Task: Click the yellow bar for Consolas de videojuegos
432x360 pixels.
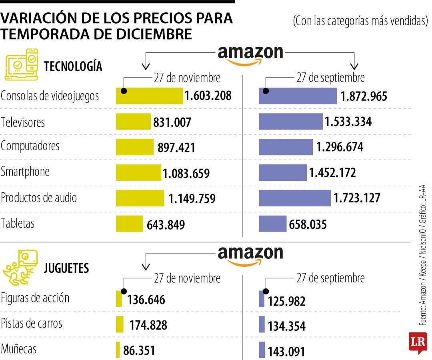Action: (x=149, y=96)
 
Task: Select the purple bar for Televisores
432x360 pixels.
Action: (x=290, y=122)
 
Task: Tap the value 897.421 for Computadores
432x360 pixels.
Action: (x=176, y=148)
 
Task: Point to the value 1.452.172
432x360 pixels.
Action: (x=332, y=173)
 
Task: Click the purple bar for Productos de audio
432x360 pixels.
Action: (x=295, y=198)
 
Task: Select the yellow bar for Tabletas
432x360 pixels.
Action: (x=129, y=224)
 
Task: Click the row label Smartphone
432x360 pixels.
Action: (x=25, y=172)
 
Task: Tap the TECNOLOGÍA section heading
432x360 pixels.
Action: (x=73, y=66)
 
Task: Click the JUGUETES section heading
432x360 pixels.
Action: (x=66, y=268)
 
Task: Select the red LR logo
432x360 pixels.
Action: (x=418, y=342)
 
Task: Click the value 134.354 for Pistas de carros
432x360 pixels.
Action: (x=286, y=326)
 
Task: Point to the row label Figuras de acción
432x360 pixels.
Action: (x=35, y=298)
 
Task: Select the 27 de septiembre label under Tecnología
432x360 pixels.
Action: (x=330, y=77)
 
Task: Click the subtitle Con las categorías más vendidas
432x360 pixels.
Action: (x=360, y=21)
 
